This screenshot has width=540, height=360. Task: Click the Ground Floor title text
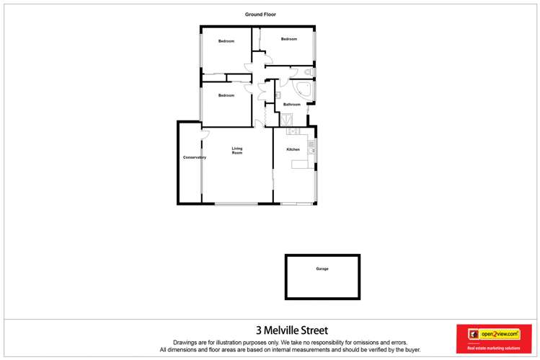[x=260, y=14]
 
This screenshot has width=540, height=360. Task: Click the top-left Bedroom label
[x=226, y=41]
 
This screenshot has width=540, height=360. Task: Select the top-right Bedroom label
[x=289, y=39]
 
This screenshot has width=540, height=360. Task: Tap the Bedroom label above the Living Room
[x=226, y=95]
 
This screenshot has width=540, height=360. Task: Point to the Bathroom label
[x=291, y=105]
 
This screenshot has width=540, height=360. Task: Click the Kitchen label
[x=293, y=149]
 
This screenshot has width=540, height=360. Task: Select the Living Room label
[x=237, y=151]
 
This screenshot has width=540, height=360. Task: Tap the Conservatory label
[x=195, y=157]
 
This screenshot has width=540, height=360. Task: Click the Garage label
[x=322, y=269]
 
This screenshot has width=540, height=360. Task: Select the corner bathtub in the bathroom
[x=304, y=90]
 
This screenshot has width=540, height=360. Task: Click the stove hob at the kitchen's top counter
[x=293, y=131]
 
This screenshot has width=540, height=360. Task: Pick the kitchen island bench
[x=302, y=164]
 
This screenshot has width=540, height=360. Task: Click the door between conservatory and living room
[x=205, y=135]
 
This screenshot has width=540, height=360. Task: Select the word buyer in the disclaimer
[x=412, y=350]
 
